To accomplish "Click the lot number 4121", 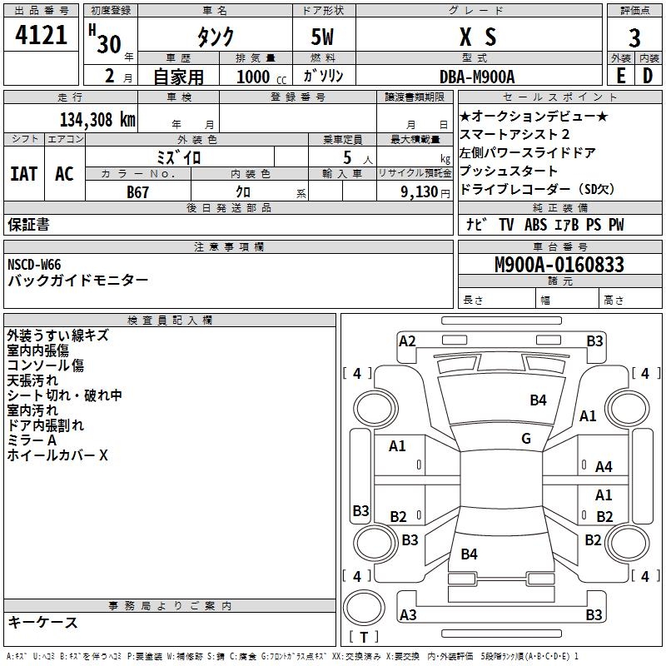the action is point(41,35).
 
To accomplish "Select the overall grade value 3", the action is point(634,37).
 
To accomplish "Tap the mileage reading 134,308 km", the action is point(97,120).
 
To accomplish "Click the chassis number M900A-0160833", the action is point(559,265).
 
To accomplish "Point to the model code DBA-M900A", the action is point(477,77).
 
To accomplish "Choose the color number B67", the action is point(137,192).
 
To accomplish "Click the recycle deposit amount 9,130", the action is point(420,192).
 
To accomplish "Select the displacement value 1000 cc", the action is point(261,77).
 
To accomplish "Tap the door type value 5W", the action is point(322,37).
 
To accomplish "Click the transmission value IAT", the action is point(24,174).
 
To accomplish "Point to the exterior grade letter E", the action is point(621,77).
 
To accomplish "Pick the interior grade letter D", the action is point(648,77).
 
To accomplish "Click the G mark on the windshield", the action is point(526,439).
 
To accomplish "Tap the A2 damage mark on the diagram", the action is point(407,341).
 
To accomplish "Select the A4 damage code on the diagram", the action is point(604,467).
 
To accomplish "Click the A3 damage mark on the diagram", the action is point(408,614).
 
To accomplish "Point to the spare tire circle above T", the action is point(364,608).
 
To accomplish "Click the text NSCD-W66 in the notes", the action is point(34,265).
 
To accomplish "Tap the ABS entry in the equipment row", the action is point(535,225).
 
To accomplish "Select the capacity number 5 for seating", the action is point(347,157).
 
